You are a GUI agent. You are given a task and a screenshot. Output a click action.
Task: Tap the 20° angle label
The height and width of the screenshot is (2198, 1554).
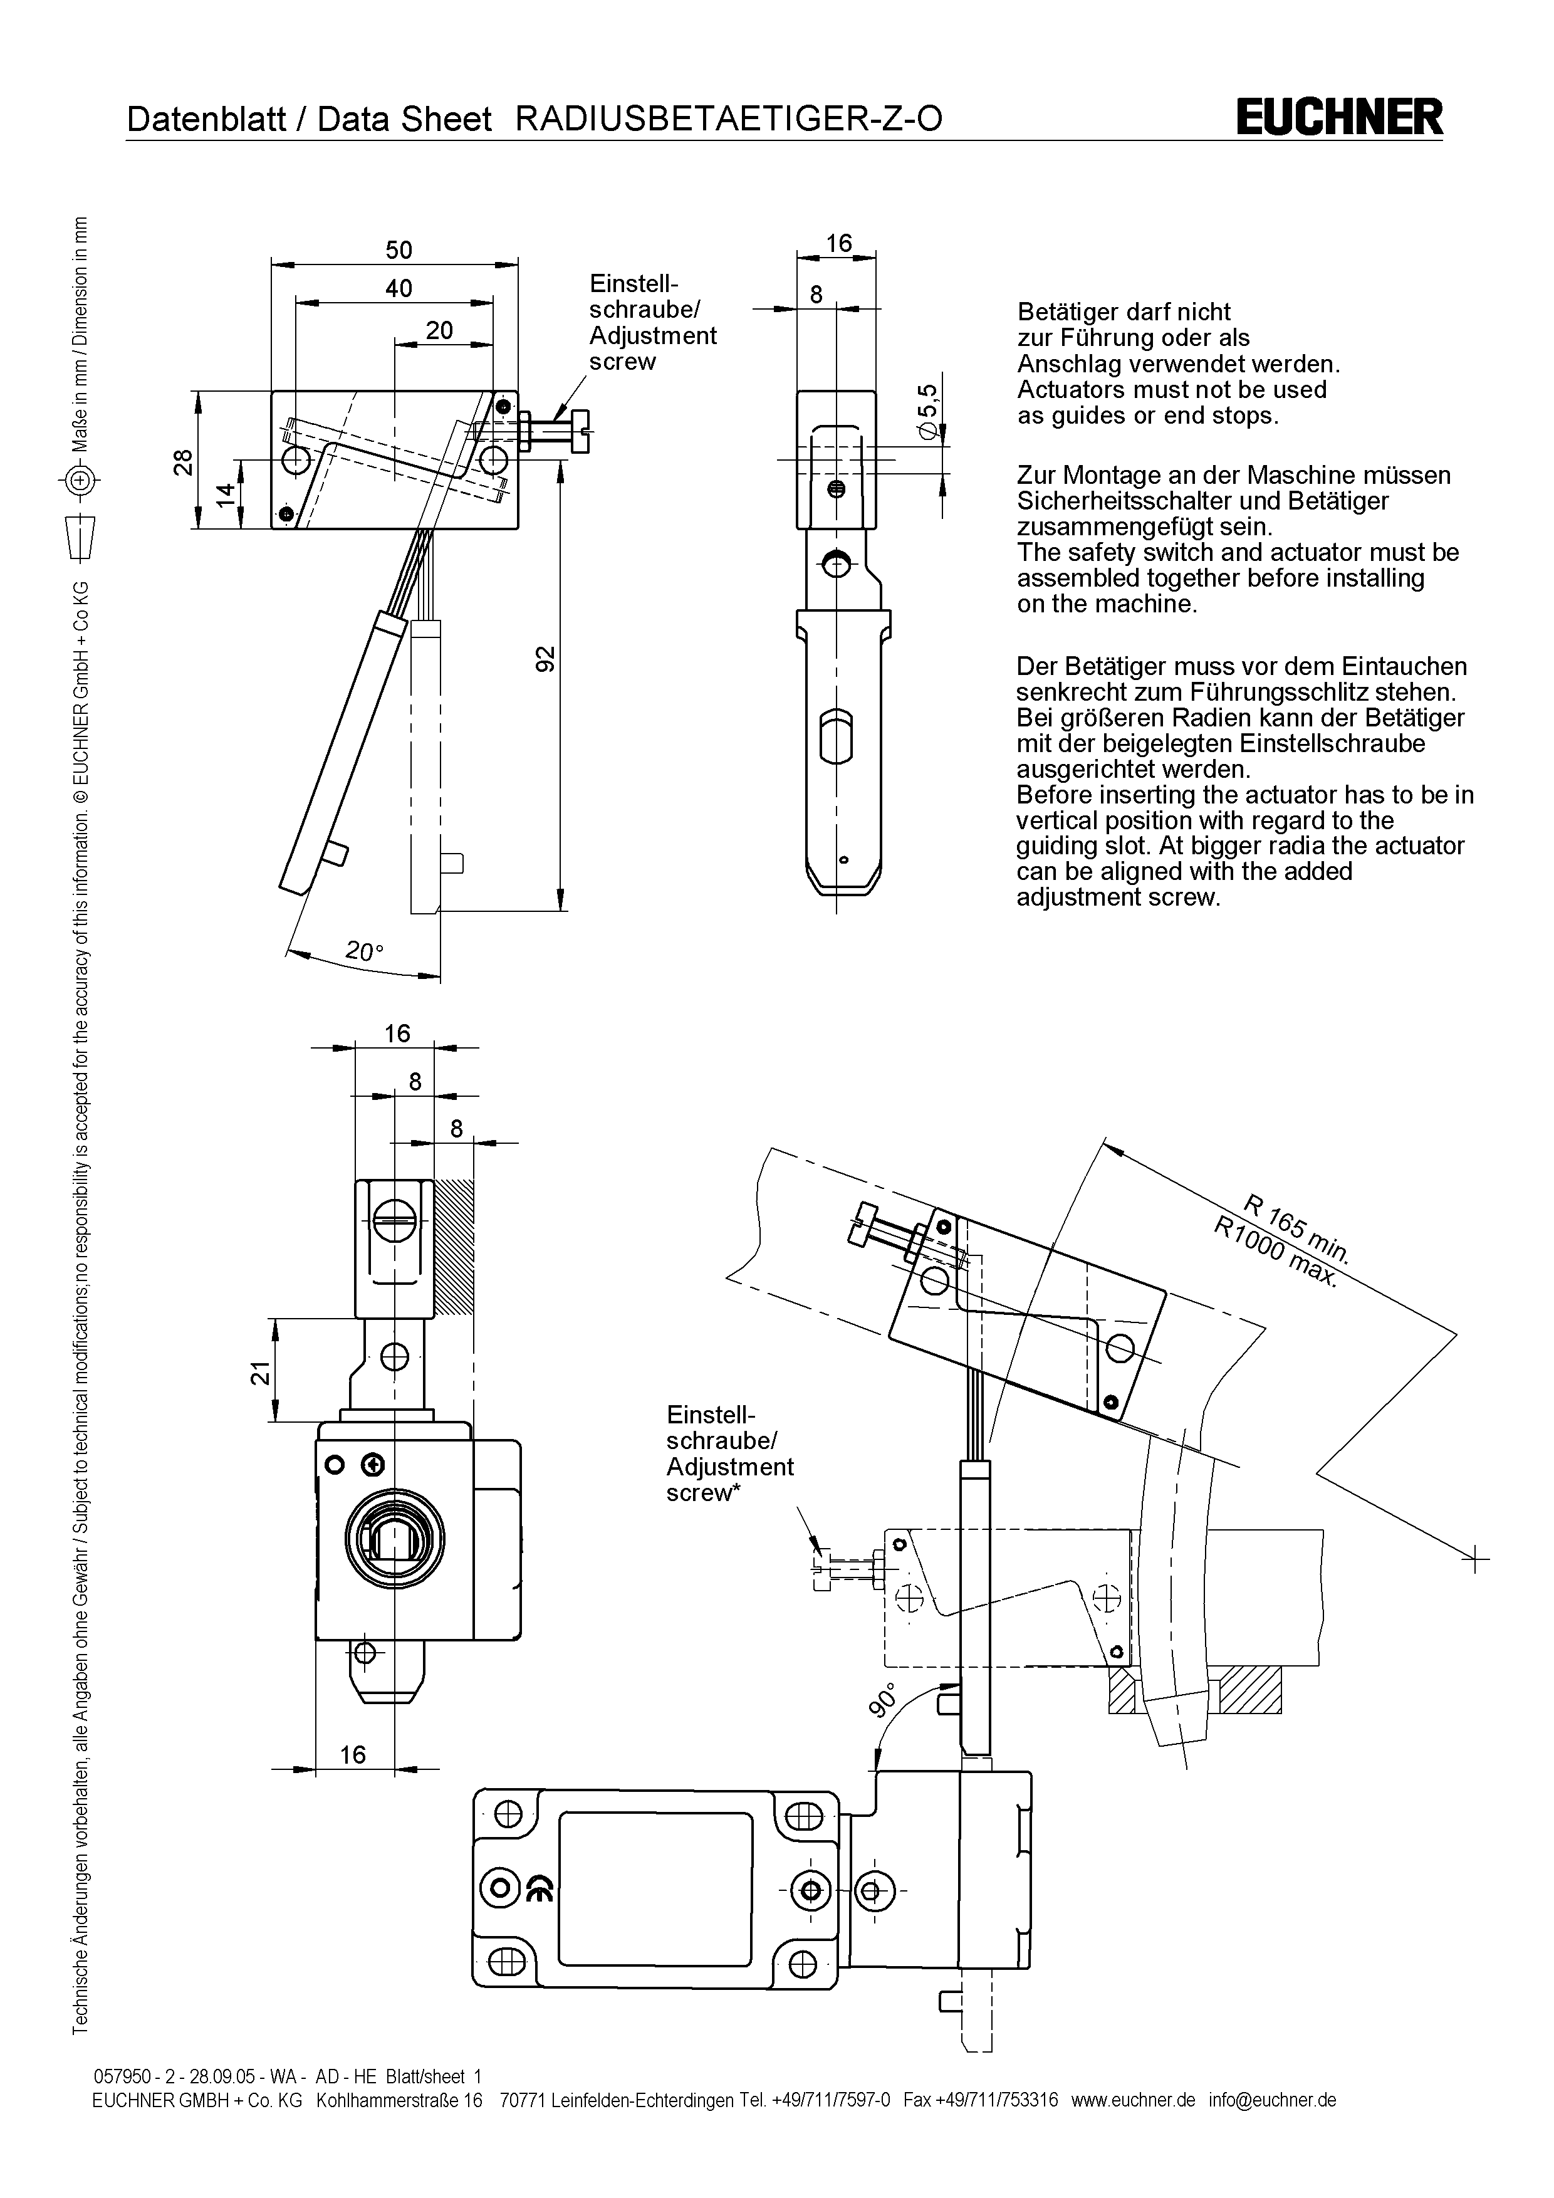(x=363, y=951)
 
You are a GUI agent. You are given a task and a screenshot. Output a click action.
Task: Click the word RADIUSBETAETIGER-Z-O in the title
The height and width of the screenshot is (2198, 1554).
(x=728, y=118)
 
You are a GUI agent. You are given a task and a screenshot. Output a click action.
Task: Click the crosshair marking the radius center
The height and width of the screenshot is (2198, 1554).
(x=1476, y=1559)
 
